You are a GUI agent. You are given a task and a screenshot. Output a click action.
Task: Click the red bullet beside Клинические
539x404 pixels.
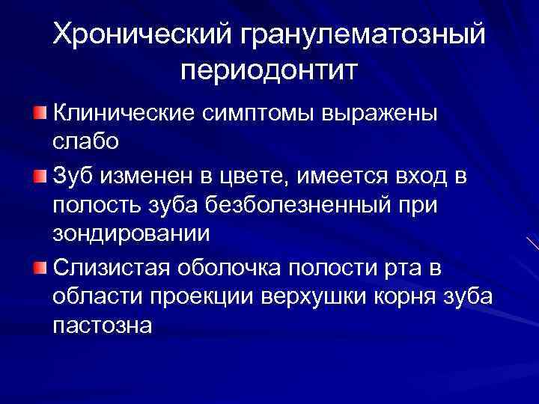[x=40, y=112]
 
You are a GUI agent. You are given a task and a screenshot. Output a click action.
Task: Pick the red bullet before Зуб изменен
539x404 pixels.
[x=40, y=176]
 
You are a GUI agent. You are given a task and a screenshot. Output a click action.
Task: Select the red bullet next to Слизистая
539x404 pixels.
[x=40, y=268]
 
